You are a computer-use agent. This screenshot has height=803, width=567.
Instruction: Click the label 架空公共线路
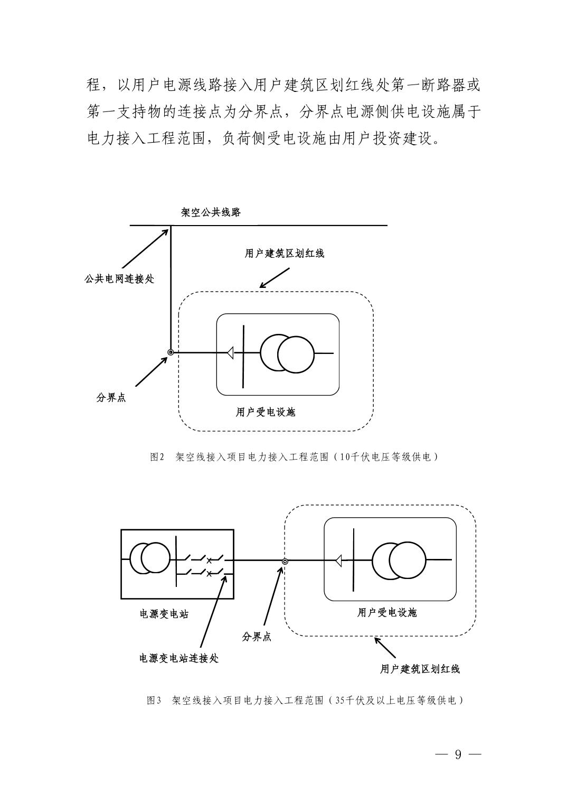pos(211,212)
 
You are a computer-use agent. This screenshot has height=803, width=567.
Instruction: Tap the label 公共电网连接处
pos(119,279)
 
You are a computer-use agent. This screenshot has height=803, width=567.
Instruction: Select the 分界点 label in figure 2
pos(111,398)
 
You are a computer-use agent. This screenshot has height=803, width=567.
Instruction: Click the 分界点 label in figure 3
pos(257,637)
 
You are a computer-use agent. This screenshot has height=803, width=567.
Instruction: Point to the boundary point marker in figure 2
pos(171,352)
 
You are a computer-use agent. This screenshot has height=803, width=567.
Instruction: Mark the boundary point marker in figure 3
pos(285,562)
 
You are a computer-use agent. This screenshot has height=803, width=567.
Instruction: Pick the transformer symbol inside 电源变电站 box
pos(149,558)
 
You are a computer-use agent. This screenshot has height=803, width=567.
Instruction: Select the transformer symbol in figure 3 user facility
pos(398,560)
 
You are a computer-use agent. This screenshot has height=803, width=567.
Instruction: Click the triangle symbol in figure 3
pos(338,559)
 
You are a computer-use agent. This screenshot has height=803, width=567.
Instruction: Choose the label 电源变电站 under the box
pos(164,614)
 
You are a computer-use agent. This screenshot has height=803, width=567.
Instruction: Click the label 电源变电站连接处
pos(178,658)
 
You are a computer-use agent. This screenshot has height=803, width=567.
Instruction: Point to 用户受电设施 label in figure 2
pos(265,412)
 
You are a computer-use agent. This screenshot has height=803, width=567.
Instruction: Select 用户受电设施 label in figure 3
pos(387,612)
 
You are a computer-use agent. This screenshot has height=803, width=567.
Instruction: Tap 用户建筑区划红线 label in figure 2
pos(284,254)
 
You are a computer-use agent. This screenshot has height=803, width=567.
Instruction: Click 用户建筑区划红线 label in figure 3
pos(420,669)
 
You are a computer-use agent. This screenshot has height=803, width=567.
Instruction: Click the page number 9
pos(458,754)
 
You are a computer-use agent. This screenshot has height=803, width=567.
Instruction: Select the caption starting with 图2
pos(294,457)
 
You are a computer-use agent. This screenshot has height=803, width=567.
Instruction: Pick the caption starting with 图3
pos(306,701)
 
